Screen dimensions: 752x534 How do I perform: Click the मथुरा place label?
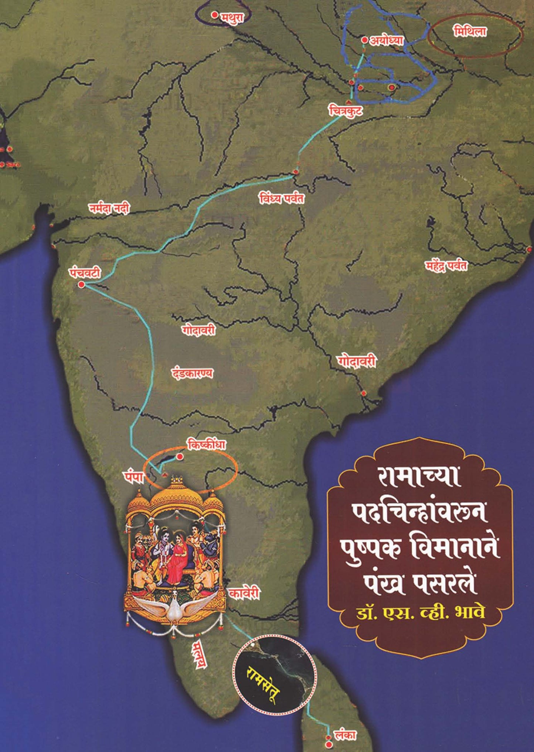click(x=233, y=17)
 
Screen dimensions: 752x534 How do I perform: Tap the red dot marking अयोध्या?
click(x=365, y=40)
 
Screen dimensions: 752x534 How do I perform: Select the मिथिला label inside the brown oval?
click(x=470, y=32)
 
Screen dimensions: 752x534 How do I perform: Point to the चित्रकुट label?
click(x=345, y=111)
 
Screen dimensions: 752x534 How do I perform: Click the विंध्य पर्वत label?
click(x=282, y=199)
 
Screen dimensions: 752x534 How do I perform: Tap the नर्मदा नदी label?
click(x=109, y=209)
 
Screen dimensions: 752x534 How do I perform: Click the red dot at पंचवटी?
click(x=81, y=285)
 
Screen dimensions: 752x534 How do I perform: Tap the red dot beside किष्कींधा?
click(x=180, y=457)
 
